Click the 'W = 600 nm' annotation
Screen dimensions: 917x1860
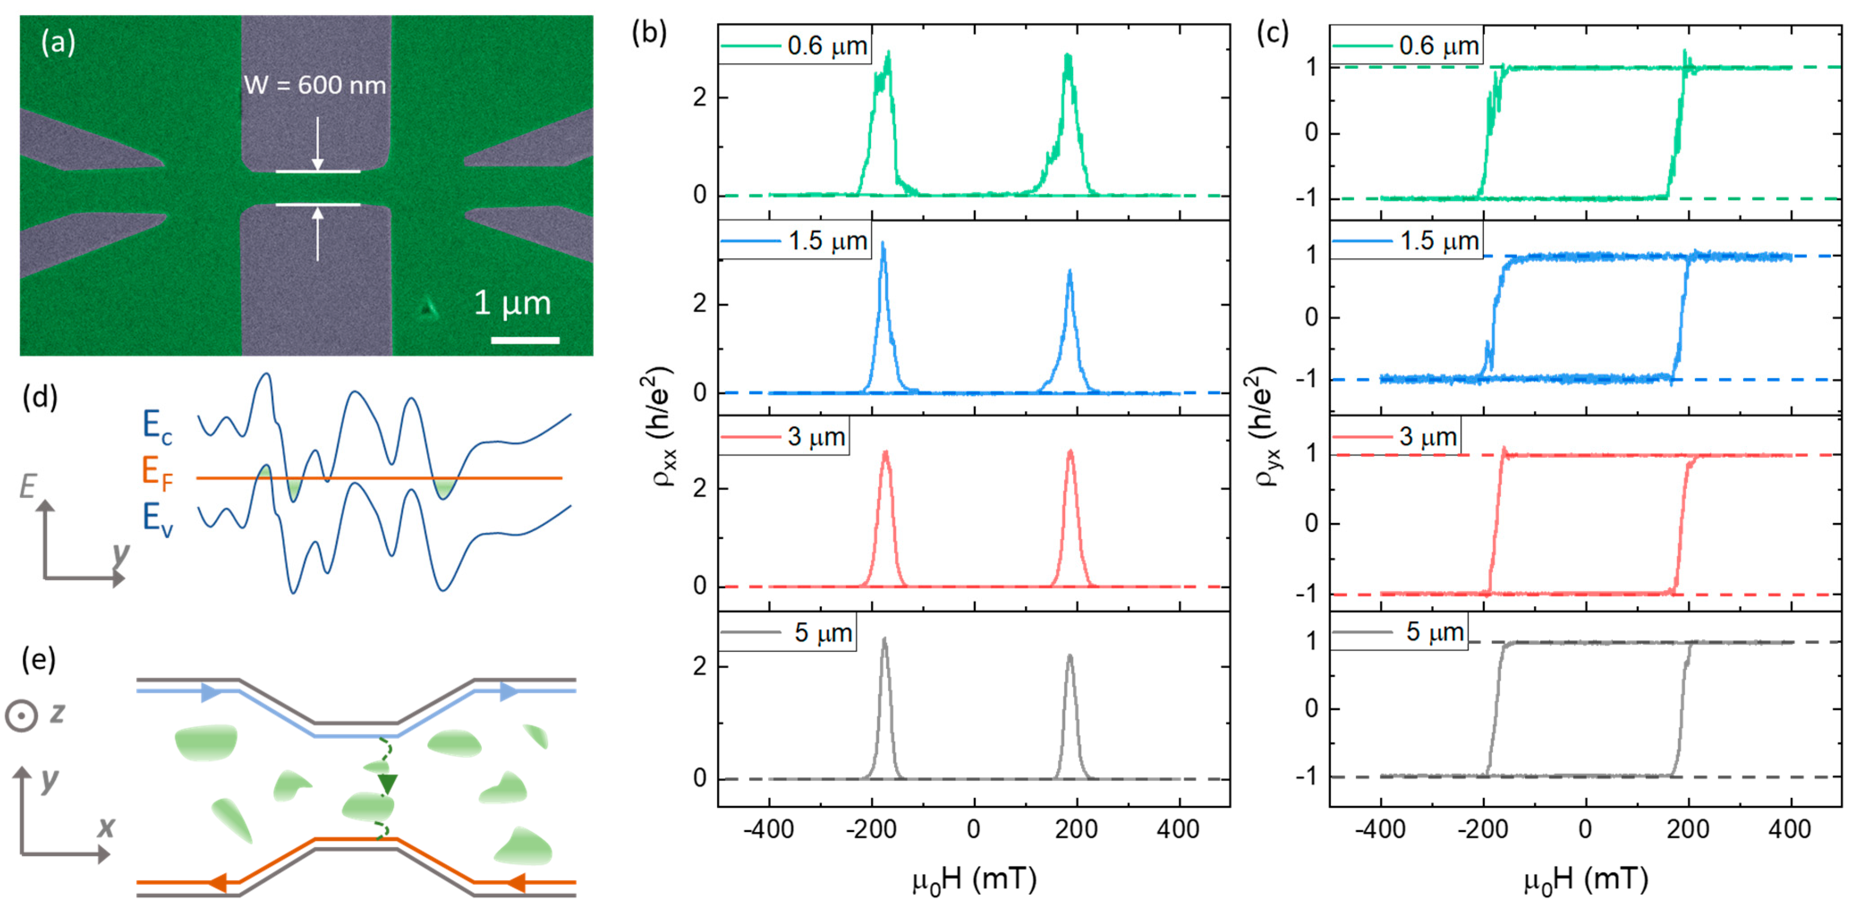click(x=315, y=85)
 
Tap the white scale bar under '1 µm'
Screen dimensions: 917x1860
click(x=525, y=340)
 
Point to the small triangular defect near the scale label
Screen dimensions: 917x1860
click(x=428, y=309)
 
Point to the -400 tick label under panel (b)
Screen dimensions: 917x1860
click(x=768, y=829)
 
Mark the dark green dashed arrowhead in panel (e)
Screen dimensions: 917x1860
click(x=388, y=783)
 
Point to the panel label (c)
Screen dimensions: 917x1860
click(x=1272, y=33)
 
